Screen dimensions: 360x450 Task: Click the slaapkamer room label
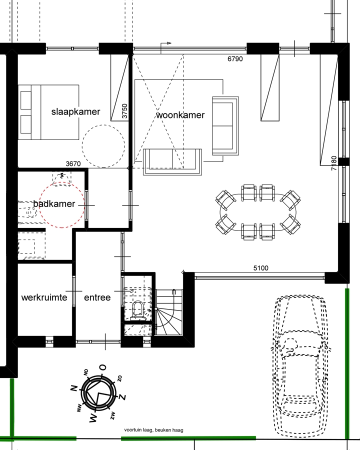tap(76, 111)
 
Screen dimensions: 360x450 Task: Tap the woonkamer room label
tap(180, 115)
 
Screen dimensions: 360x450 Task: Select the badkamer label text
tap(54, 204)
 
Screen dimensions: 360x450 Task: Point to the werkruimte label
tap(44, 297)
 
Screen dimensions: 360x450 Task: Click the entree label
tap(97, 297)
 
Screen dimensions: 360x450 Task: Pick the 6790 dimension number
tap(235, 59)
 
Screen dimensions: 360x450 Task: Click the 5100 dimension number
tap(261, 268)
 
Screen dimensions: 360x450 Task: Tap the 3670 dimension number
tap(73, 163)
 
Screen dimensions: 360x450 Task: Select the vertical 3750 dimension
tap(124, 111)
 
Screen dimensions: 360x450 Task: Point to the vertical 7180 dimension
tap(334, 163)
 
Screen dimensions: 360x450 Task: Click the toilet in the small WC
tap(137, 310)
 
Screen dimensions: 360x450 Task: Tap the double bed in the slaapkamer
tap(48, 112)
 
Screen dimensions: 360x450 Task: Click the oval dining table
tap(258, 212)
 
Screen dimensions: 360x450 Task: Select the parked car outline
tap(301, 366)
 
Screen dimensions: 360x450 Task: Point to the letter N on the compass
tap(74, 387)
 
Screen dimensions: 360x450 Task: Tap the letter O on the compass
tap(102, 367)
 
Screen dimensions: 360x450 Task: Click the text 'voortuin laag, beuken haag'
tap(153, 430)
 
